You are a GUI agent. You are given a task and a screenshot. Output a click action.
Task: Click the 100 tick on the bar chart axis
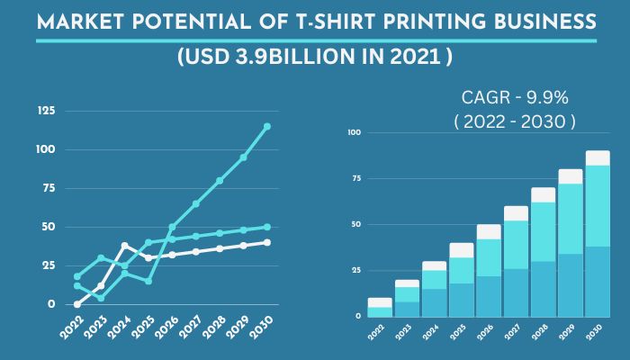(354, 132)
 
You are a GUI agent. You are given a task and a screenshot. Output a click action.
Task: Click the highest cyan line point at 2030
(267, 126)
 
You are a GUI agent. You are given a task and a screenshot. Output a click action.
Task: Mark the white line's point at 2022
(77, 304)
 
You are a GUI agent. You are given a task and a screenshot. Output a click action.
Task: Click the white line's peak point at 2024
(124, 245)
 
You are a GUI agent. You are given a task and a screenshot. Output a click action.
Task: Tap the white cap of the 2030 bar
(598, 157)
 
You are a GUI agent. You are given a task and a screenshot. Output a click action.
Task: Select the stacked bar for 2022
(380, 307)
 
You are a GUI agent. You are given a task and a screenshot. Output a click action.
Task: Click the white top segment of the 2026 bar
(489, 231)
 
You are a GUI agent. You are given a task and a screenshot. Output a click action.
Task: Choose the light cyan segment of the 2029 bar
(570, 225)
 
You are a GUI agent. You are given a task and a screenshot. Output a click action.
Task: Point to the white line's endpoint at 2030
(267, 242)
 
